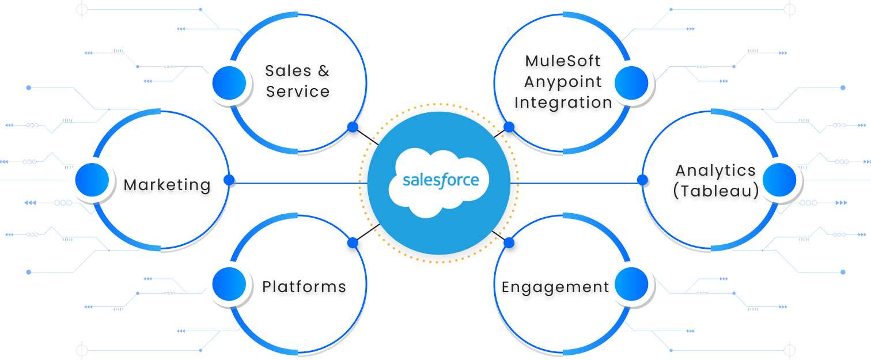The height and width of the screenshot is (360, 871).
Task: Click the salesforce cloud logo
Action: click(438, 181)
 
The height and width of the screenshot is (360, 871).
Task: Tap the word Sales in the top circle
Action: click(286, 71)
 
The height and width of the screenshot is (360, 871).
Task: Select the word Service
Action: click(298, 92)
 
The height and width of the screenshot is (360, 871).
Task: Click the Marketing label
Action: click(167, 185)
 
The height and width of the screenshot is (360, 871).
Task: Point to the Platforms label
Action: click(304, 286)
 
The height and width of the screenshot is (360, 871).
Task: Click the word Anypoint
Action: click(563, 82)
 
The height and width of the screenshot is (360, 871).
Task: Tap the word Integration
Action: click(563, 103)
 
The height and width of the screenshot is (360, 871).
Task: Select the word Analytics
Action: click(715, 170)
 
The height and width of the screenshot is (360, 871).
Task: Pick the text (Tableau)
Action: click(715, 191)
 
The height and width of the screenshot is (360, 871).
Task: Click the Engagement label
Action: click(555, 287)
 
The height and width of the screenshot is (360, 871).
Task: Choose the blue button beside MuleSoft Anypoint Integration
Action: click(632, 83)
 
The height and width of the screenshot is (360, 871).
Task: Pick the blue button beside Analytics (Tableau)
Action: click(779, 180)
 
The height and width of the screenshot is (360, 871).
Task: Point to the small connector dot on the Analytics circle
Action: click(642, 180)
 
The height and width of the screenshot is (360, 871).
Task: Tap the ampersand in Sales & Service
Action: click(323, 71)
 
